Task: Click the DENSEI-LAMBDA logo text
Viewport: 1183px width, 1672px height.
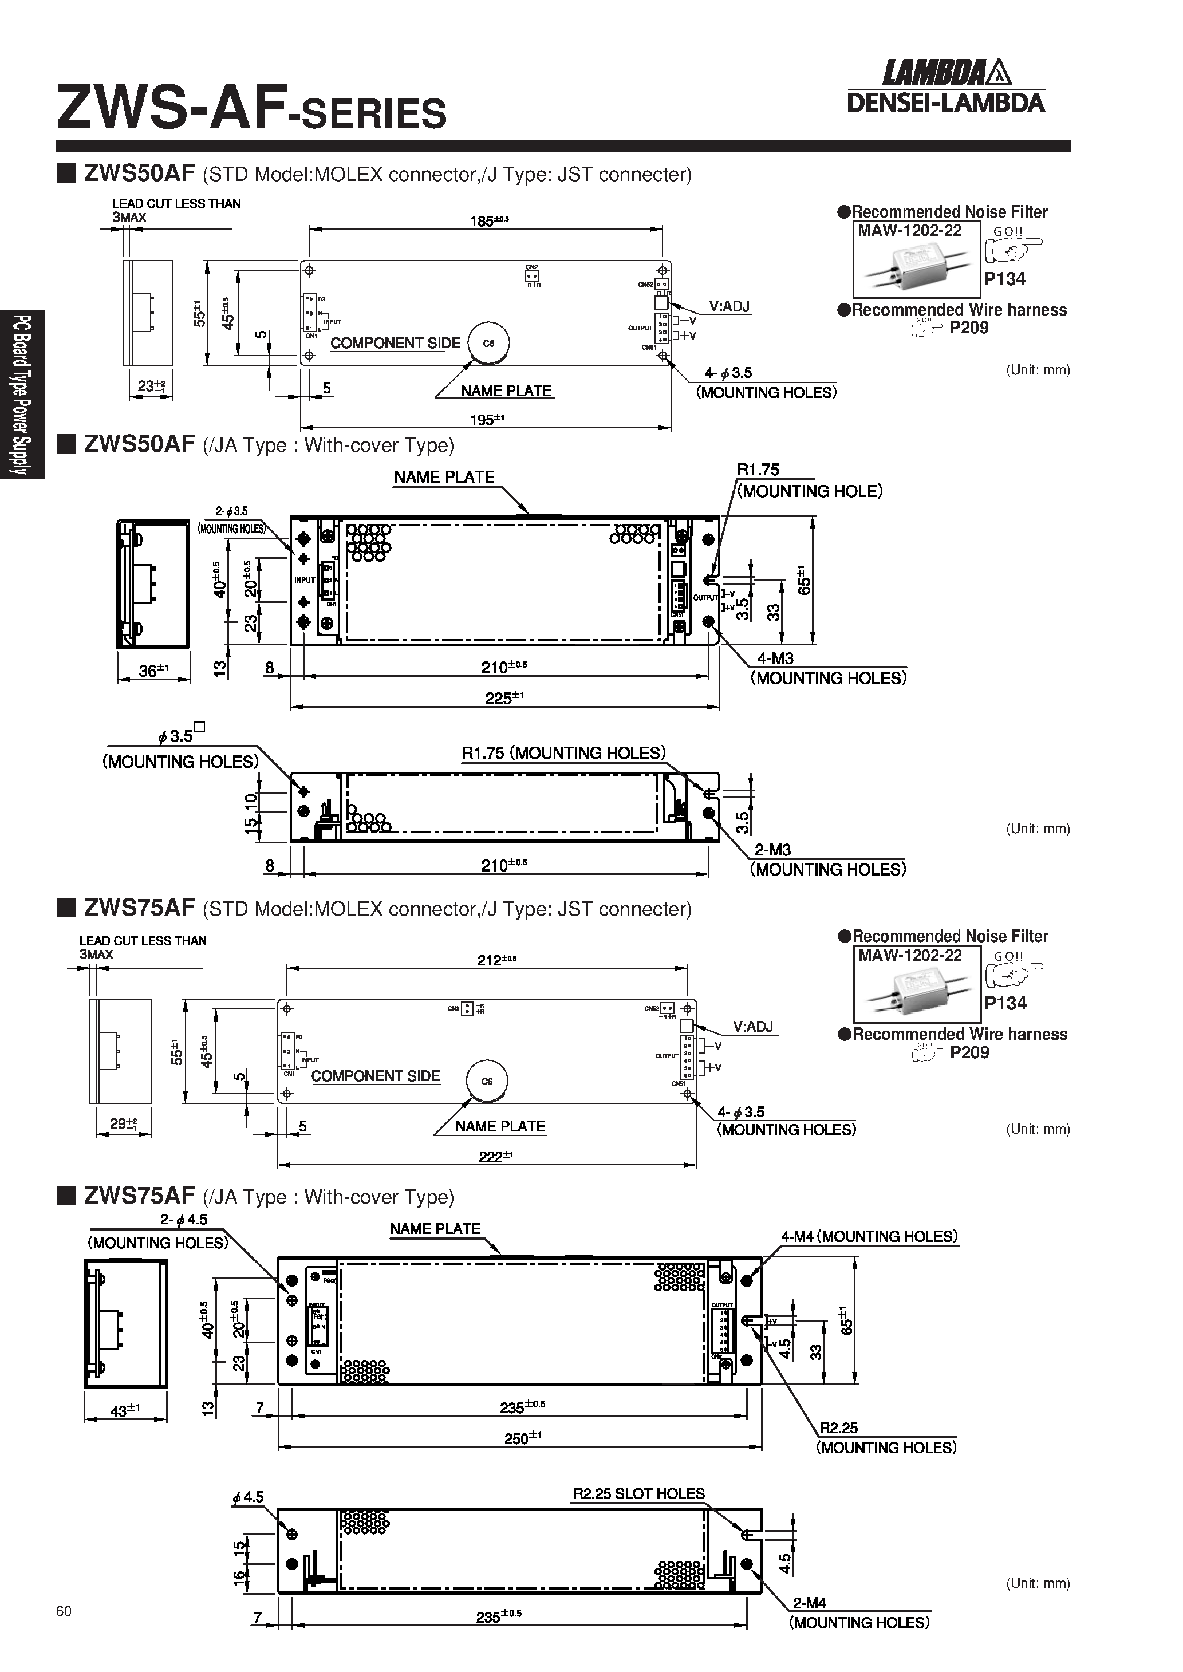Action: (x=945, y=102)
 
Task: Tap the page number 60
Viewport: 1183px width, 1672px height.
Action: (x=64, y=1611)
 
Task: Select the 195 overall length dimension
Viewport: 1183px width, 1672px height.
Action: (x=486, y=420)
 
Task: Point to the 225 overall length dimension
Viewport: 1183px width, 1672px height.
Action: (x=503, y=697)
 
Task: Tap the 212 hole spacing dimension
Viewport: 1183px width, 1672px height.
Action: (x=495, y=960)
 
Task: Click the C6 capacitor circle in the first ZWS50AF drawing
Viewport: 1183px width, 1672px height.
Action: (x=488, y=343)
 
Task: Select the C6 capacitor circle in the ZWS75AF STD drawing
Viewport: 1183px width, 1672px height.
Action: (x=487, y=1081)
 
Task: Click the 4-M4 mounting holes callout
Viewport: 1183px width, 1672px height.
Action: (x=868, y=1236)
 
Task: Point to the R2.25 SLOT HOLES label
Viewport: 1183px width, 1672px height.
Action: (x=638, y=1493)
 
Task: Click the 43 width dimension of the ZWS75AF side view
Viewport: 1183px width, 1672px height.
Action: (x=124, y=1410)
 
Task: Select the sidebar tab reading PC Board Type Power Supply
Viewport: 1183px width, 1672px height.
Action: (x=22, y=394)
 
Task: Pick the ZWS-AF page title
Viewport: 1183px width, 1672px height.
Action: (x=251, y=109)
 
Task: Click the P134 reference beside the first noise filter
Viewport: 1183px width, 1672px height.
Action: (x=1004, y=279)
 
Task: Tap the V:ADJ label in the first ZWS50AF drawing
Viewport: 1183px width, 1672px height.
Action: (x=728, y=306)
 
